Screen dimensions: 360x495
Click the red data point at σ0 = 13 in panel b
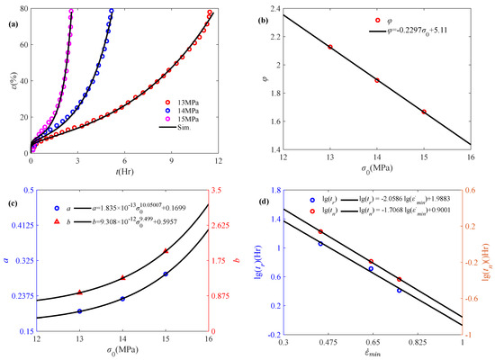(x=330, y=47)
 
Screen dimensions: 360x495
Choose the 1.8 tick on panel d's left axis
(x=274, y=190)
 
